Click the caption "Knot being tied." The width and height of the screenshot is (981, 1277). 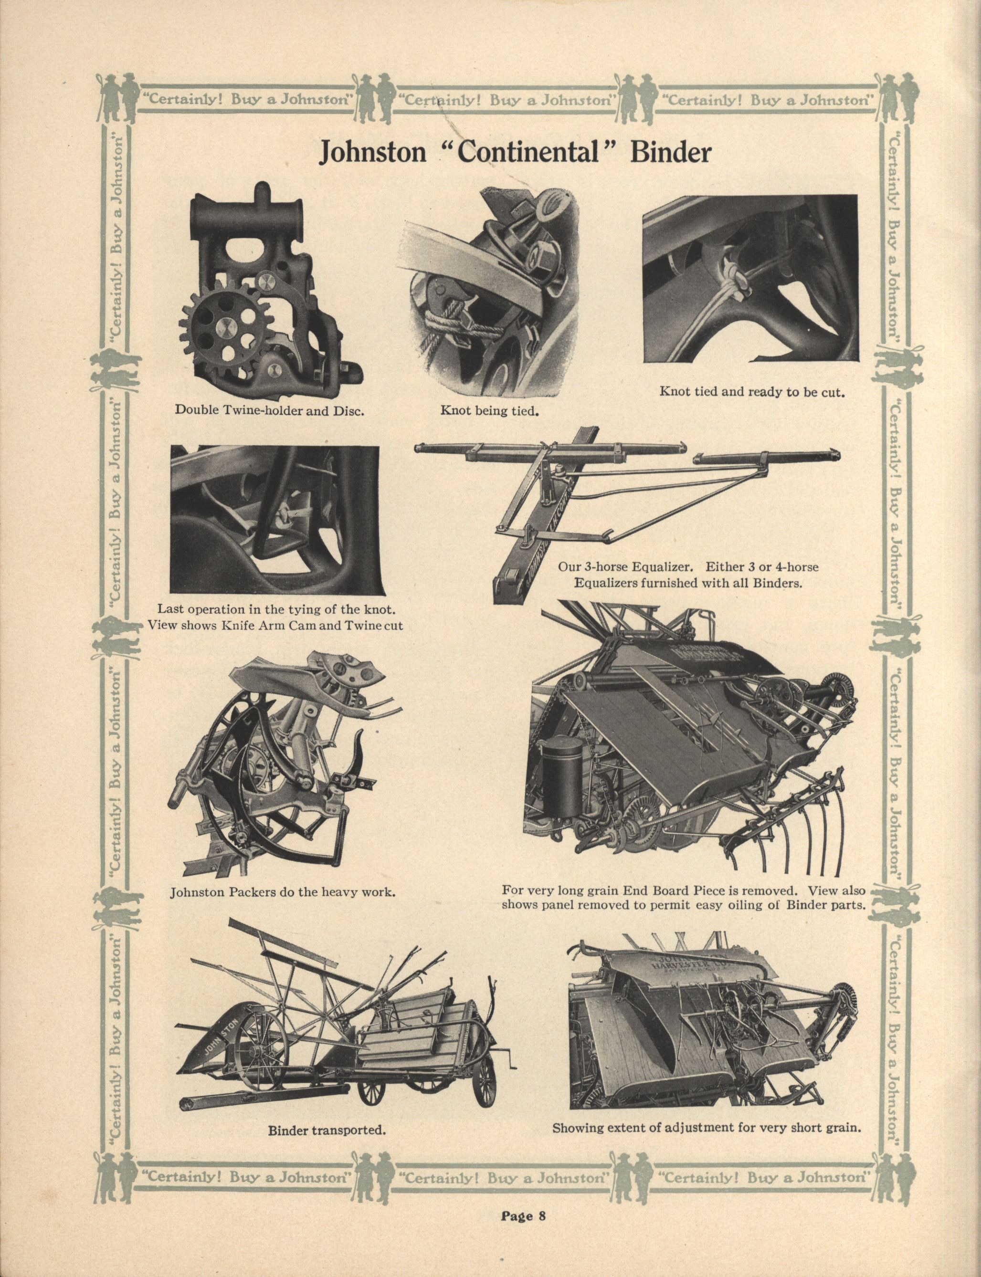[x=489, y=411]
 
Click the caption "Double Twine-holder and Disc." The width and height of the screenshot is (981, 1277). [x=270, y=409]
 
